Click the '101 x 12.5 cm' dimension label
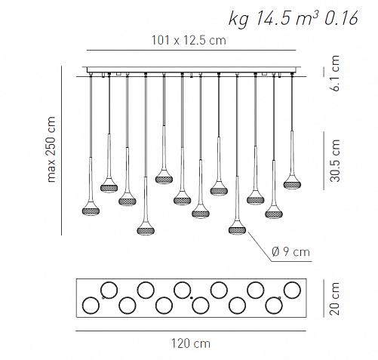[189, 40]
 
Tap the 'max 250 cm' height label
[51, 149]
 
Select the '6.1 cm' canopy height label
[335, 73]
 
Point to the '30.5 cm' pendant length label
[335, 161]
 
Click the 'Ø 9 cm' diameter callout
[290, 251]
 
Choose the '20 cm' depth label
[335, 299]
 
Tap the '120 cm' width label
[191, 343]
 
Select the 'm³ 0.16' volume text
[327, 18]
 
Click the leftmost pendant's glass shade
[91, 211]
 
